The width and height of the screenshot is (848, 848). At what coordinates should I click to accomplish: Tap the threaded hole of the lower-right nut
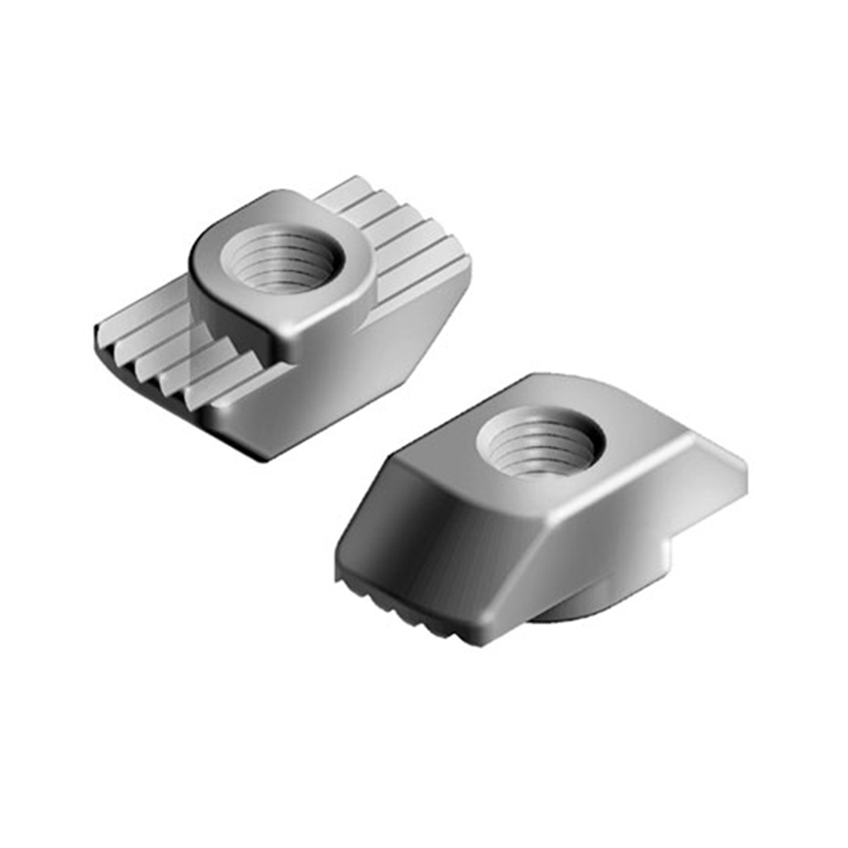tap(540, 442)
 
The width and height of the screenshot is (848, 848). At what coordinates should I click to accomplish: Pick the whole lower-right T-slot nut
tap(538, 505)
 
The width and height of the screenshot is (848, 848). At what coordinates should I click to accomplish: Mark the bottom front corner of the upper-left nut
tap(263, 455)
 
